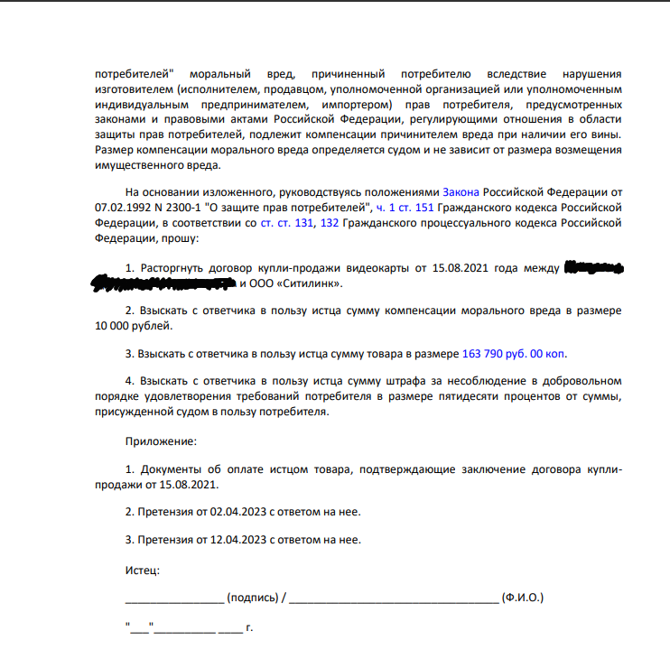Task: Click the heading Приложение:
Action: click(160, 441)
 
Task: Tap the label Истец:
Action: click(142, 570)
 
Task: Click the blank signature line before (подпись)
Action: click(173, 599)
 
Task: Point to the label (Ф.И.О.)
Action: click(523, 598)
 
